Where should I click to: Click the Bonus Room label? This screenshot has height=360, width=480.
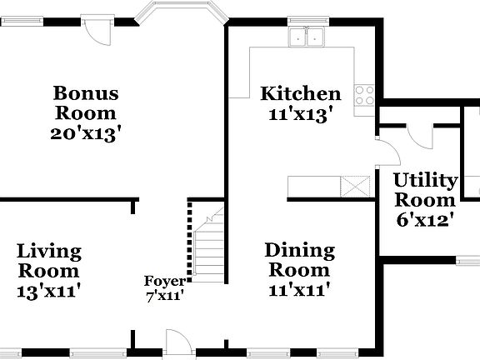[x=86, y=102]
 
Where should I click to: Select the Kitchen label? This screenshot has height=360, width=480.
[x=300, y=93]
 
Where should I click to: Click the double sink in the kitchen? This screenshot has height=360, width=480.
[x=307, y=37]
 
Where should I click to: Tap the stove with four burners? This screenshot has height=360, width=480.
[x=365, y=95]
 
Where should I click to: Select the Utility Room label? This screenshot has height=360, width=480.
[x=425, y=190]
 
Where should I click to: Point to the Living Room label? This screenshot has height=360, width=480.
[x=49, y=261]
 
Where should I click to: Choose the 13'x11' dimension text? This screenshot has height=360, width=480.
[x=49, y=291]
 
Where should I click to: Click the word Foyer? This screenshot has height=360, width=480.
[x=164, y=281]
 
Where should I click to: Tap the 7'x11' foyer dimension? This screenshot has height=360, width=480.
[x=164, y=294]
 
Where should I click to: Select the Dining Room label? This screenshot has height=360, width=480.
[x=300, y=260]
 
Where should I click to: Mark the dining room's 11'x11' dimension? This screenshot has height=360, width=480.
[x=300, y=290]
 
